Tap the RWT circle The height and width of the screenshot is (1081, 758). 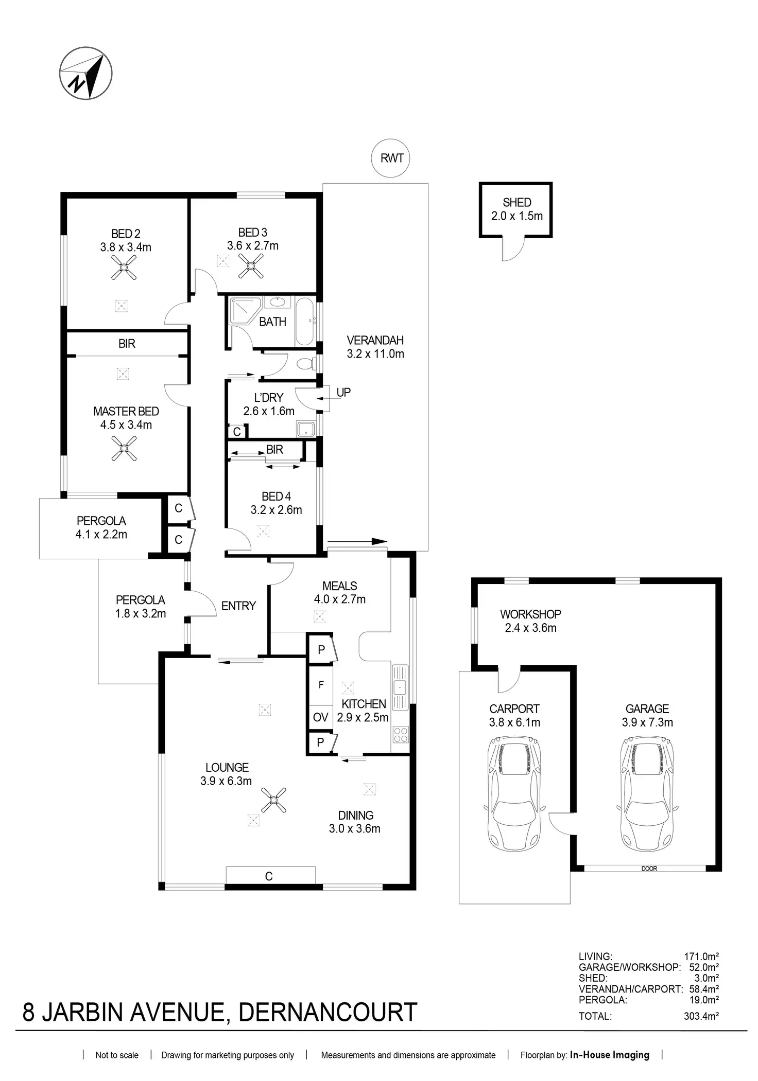click(391, 158)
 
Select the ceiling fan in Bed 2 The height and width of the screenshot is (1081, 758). click(124, 267)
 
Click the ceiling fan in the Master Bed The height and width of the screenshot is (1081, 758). click(124, 448)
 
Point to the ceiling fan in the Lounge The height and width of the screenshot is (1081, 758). click(273, 800)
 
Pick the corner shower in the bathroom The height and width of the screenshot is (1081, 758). click(246, 310)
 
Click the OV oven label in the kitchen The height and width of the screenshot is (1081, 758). click(320, 717)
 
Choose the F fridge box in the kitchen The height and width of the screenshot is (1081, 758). click(320, 685)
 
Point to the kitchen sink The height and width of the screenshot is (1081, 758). click(400, 686)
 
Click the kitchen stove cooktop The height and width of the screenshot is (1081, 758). click(400, 735)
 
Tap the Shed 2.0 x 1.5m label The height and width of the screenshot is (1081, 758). click(516, 209)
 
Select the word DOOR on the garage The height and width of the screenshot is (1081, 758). click(649, 869)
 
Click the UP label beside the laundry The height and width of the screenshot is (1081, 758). click(343, 392)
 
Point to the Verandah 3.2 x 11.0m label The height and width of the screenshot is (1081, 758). click(375, 347)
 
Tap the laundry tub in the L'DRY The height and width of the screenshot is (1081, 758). click(305, 428)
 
